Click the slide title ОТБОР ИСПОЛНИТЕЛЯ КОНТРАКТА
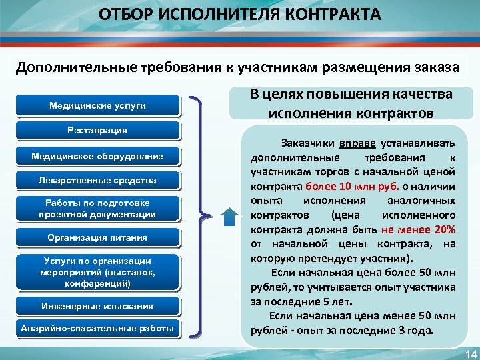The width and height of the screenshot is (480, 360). [240, 15]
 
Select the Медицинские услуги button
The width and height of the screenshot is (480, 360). [97, 105]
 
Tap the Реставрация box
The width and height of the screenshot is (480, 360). [97, 130]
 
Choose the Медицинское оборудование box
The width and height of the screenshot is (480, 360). [97, 156]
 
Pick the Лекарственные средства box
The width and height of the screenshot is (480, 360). [97, 180]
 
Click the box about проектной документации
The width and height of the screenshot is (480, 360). [97, 209]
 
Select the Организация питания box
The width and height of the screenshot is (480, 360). [97, 237]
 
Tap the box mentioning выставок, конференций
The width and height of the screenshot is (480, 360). [97, 272]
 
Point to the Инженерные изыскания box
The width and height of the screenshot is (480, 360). [97, 306]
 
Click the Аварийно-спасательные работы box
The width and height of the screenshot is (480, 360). [97, 328]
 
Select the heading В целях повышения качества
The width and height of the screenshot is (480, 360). [351, 95]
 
